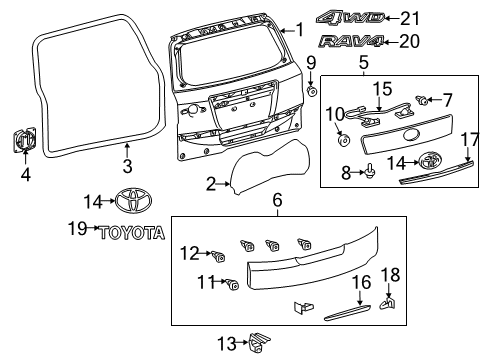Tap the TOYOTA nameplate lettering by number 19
131,232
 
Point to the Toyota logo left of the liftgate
130,200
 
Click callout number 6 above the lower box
277,201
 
